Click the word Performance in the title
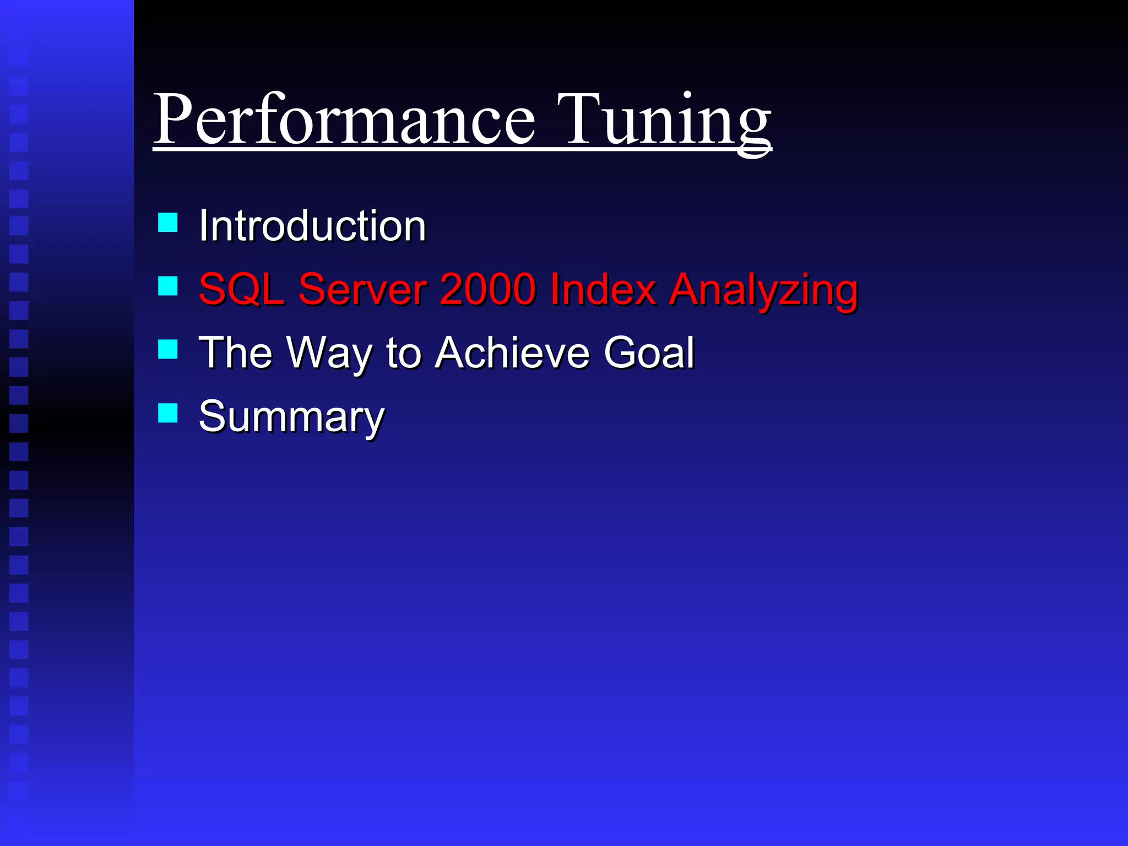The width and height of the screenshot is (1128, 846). [x=344, y=120]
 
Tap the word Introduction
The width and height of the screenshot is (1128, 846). [x=312, y=226]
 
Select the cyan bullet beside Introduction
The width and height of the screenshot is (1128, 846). [x=167, y=223]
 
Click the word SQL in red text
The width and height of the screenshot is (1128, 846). [x=241, y=289]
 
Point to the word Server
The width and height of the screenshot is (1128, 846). [x=362, y=289]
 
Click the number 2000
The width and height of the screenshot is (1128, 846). [x=487, y=289]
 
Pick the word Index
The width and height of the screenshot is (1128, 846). [x=603, y=289]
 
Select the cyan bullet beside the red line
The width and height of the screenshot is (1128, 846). [x=167, y=286]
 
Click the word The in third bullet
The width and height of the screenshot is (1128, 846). [x=236, y=352]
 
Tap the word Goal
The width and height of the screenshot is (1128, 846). [x=649, y=352]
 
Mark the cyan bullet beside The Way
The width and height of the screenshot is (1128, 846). [x=167, y=349]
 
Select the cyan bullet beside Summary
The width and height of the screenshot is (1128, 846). [x=167, y=413]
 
